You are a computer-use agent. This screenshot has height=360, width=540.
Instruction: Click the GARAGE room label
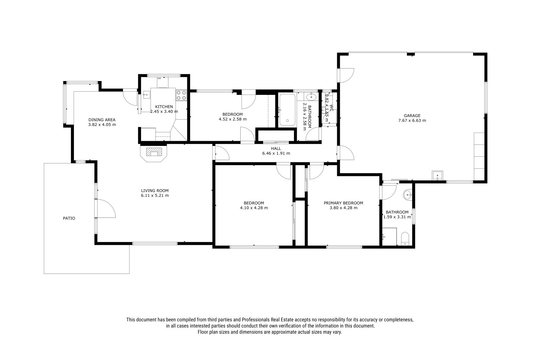tap(412, 115)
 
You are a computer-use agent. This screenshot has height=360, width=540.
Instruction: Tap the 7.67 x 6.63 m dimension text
tap(412, 121)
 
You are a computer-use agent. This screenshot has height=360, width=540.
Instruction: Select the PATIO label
tap(69, 218)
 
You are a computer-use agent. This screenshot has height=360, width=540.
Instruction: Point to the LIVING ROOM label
tap(155, 190)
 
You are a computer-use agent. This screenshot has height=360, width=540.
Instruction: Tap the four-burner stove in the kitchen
tap(182, 95)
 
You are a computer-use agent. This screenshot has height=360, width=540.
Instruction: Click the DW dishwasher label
tap(159, 78)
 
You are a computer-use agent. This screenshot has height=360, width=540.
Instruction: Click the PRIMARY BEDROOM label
tap(343, 203)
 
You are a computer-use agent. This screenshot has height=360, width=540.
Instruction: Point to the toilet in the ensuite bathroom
tap(405, 239)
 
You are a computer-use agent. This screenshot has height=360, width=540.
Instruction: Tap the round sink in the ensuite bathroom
tap(408, 195)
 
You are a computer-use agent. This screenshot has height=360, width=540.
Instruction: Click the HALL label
tap(276, 149)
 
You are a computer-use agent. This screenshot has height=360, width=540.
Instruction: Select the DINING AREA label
tap(102, 120)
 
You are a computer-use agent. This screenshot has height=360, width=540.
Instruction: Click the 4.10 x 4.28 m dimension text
tap(254, 208)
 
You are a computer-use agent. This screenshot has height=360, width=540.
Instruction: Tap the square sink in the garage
tap(437, 175)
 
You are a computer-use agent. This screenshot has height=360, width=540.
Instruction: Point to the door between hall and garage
tap(346, 153)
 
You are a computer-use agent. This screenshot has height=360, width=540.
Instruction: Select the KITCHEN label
tap(164, 107)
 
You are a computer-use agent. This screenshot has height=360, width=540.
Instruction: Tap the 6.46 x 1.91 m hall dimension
tap(276, 153)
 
